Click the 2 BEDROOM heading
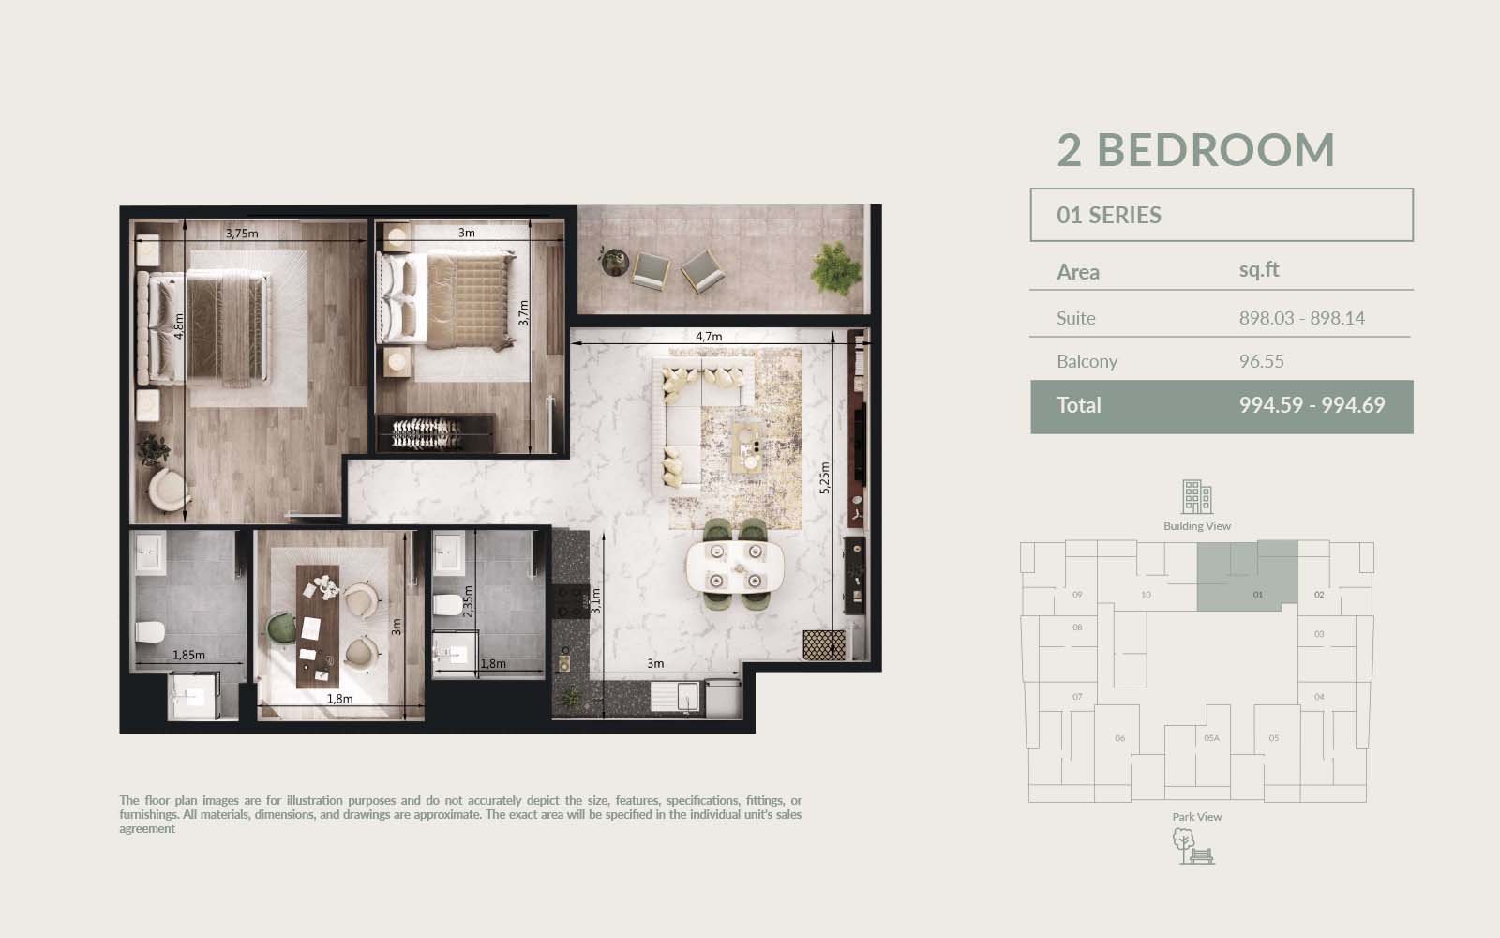[x=1196, y=149]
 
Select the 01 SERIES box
[x=1222, y=215]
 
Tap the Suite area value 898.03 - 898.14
[x=1301, y=318]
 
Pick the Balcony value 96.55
[x=1261, y=361]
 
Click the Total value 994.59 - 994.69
[x=1312, y=404]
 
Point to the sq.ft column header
[x=1259, y=269]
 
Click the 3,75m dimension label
[x=242, y=234]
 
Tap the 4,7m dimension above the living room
[x=709, y=336]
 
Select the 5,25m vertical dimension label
[x=824, y=477]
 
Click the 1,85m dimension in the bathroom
[x=188, y=655]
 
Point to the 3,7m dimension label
[x=524, y=313]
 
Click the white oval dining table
[x=735, y=567]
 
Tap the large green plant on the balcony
[x=835, y=269]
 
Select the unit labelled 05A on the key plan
[x=1211, y=737]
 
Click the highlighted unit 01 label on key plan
[x=1257, y=595]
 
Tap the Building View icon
[x=1196, y=496]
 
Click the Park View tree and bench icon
[x=1193, y=846]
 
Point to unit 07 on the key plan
[x=1077, y=697]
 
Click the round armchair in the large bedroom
[x=168, y=489]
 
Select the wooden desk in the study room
[x=318, y=627]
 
